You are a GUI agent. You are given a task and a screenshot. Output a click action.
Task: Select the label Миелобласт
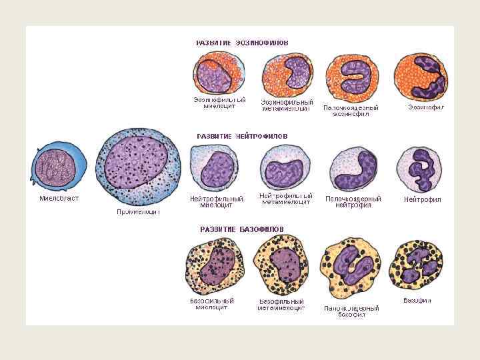(59, 198)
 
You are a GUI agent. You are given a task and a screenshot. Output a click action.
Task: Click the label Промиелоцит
(139, 211)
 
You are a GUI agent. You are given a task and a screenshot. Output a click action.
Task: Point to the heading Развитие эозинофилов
(242, 42)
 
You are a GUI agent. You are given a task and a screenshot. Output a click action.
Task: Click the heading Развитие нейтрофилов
(242, 135)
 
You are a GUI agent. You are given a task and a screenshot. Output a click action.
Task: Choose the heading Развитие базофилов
(242, 229)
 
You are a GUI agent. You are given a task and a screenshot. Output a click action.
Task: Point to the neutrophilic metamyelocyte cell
(285, 168)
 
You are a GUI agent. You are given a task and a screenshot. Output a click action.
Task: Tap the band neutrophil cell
(353, 170)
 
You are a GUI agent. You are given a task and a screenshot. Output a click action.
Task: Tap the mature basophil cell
(416, 265)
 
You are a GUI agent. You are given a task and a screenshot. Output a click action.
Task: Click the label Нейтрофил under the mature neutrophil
(422, 199)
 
